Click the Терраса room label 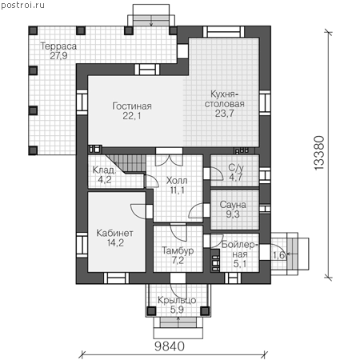pyautogui.click(x=58, y=46)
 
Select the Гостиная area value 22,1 pyautogui.click(x=132, y=116)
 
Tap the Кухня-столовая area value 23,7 pyautogui.click(x=225, y=114)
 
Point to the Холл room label pyautogui.click(x=177, y=181)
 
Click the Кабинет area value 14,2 pyautogui.click(x=115, y=242)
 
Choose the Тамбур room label pyautogui.click(x=178, y=250)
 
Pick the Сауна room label pyautogui.click(x=233, y=205)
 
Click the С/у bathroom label pyautogui.click(x=236, y=168)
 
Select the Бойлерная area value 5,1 pyautogui.click(x=240, y=264)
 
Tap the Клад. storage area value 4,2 pyautogui.click(x=105, y=179)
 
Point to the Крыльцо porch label pyautogui.click(x=177, y=300)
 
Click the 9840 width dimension pyautogui.click(x=170, y=346)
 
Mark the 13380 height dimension pyautogui.click(x=319, y=153)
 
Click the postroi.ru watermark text pyautogui.click(x=22, y=6)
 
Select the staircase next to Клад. pyautogui.click(x=127, y=164)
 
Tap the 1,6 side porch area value pyautogui.click(x=278, y=255)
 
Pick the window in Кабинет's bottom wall pyautogui.click(x=116, y=278)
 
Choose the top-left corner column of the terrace pyautogui.click(x=33, y=30)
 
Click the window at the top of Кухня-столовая pyautogui.click(x=224, y=32)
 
